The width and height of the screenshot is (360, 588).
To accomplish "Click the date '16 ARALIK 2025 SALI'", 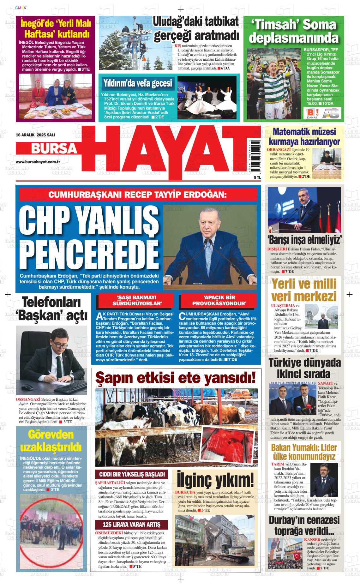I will pos(31,135).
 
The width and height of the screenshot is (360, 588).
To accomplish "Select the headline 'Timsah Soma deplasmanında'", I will pos(293,31).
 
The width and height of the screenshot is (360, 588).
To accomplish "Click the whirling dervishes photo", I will pos(207,97).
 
